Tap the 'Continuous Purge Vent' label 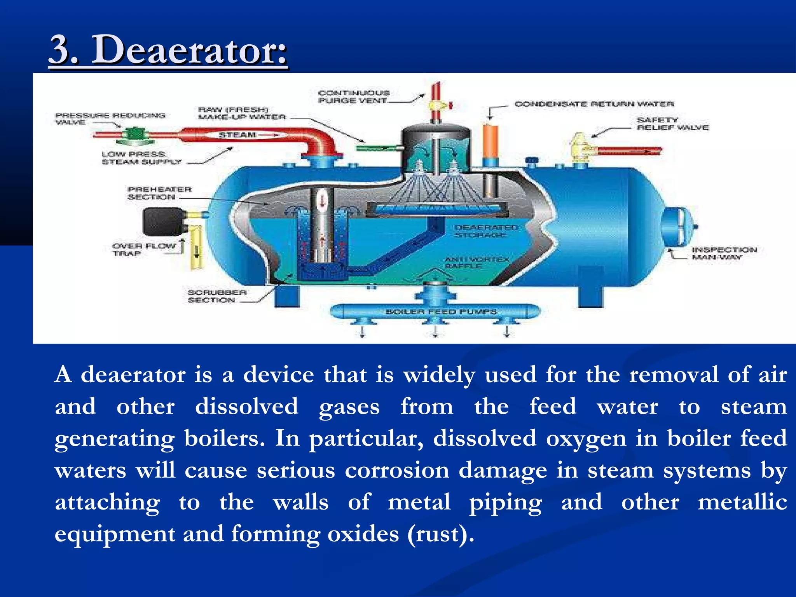click(353, 97)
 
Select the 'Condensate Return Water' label click(594, 104)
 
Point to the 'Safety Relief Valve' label click(672, 124)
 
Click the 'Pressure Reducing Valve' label click(110, 119)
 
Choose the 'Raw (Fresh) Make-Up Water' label click(241, 113)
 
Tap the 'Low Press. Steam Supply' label click(141, 158)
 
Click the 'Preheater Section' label click(159, 193)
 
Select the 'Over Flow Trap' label click(143, 250)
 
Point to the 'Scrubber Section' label click(217, 296)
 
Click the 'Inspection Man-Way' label click(724, 253)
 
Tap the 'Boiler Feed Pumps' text click(441, 312)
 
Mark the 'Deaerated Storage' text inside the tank click(485, 231)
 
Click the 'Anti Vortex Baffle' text click(477, 262)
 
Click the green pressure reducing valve click(135, 134)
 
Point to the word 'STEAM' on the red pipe click(237, 135)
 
